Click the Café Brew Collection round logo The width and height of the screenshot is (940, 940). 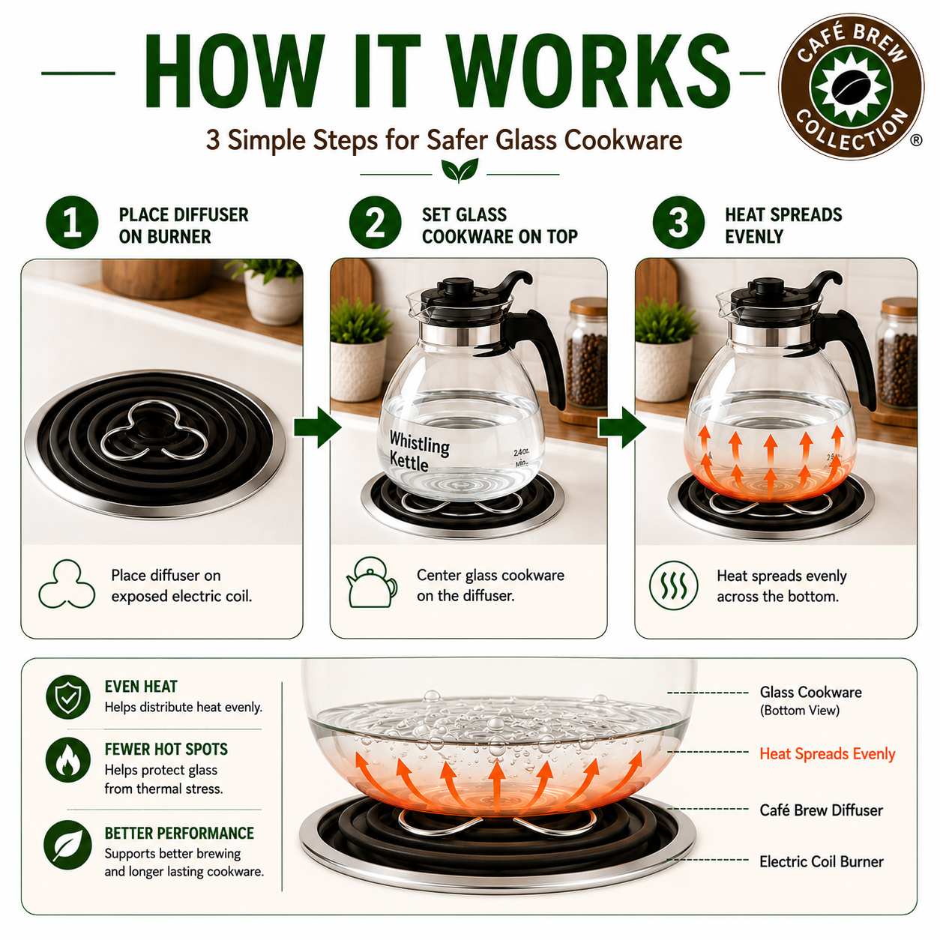tap(851, 86)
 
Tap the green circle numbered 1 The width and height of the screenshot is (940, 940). tap(72, 223)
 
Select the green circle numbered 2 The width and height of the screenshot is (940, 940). tap(375, 223)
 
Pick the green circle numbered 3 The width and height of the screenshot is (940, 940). tap(678, 223)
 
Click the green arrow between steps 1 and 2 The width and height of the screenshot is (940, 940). tap(317, 427)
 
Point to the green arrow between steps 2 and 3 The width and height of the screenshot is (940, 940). tap(622, 427)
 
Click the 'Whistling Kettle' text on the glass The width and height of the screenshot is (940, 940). tap(418, 451)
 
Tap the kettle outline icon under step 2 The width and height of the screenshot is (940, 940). tap(371, 582)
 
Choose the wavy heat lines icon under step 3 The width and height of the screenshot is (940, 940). tap(674, 585)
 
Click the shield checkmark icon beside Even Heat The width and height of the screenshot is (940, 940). tap(68, 697)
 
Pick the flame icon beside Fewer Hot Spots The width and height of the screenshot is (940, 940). tap(68, 760)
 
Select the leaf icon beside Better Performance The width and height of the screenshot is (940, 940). tap(68, 844)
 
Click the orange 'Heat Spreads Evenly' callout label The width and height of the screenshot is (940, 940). tap(828, 754)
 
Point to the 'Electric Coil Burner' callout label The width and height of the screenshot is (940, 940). tap(822, 861)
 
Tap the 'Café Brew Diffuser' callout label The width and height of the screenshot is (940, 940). tap(822, 810)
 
